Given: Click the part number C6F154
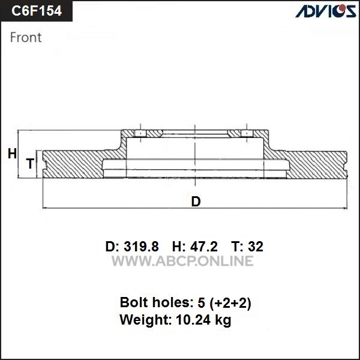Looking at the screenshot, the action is [x=37, y=11].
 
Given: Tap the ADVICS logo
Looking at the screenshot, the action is [x=326, y=11].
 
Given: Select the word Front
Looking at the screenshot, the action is [x=26, y=37].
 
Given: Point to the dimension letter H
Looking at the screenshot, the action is [x=12, y=154].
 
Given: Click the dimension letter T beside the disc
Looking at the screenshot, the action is [x=31, y=163].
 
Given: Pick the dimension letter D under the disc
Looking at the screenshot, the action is [x=196, y=202].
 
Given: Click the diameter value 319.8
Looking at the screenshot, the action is [x=141, y=247].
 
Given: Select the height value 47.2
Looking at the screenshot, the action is [x=204, y=247].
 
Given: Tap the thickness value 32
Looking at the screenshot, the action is [x=256, y=247].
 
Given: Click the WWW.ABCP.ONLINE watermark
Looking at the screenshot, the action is [x=182, y=261].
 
